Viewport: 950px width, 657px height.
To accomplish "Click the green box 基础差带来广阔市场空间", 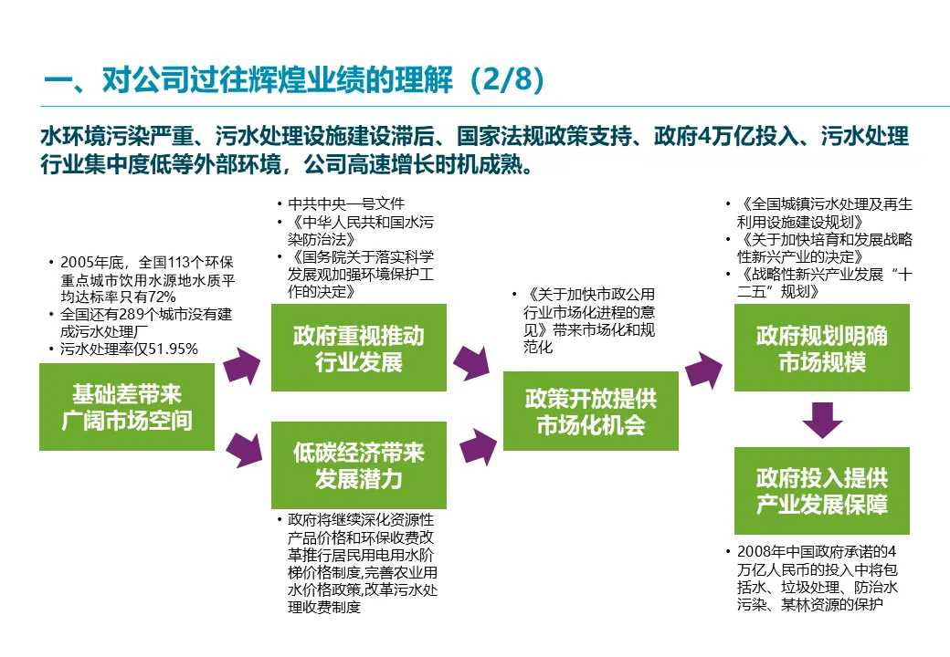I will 127,406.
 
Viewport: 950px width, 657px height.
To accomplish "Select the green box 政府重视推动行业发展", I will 359,348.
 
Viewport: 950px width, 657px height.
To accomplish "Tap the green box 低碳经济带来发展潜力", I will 359,465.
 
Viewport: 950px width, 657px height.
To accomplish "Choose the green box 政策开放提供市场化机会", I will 590,411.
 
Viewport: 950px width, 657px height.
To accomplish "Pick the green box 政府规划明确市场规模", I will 821,348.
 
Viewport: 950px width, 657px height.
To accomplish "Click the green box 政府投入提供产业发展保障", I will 821,491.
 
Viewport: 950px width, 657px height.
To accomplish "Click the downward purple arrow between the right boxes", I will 821,419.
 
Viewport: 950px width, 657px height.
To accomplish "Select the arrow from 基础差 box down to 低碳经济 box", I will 242,446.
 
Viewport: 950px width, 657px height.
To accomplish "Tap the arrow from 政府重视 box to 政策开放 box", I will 473,363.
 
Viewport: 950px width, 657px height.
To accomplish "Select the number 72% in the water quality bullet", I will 161,297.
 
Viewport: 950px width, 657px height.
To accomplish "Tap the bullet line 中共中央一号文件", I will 346,203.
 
